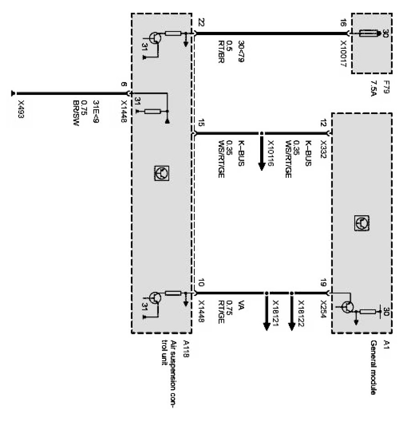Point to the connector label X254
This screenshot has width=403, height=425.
coord(323,307)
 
